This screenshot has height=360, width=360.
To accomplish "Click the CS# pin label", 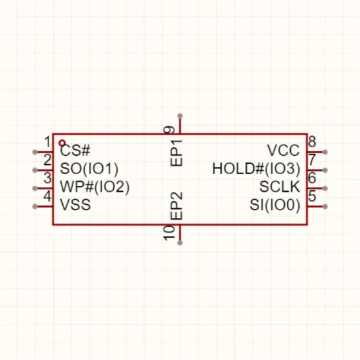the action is pos(75,151).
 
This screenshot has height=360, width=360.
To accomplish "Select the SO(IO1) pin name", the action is pos(89,169).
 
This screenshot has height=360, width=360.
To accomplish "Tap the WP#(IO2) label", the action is pos(95,187).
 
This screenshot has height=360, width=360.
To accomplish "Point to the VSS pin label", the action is pos(75,205).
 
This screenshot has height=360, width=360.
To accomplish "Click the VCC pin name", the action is pos(283,151).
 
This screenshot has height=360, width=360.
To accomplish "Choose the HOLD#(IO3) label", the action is pos(256,169).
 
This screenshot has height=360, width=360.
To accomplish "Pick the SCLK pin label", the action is pos(279,187).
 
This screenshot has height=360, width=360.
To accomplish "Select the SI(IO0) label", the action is pos(275,205).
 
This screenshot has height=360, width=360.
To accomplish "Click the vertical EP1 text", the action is pos(176,153).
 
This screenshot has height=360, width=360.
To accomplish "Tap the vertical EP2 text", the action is pos(176,206).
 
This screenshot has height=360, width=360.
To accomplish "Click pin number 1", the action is pos(48,141).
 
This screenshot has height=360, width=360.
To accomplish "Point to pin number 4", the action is pos(48,196).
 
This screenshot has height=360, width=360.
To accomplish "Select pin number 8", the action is pos(312,141).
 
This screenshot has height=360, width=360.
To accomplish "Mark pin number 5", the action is pos(312,196).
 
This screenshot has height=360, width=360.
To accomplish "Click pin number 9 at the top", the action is pos(170,130).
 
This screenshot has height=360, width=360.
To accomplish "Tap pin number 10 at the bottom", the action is pos(170,233).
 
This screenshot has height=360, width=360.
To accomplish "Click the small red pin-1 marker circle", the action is pos(62,143).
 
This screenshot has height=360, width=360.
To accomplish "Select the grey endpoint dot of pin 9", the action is pos(180,116).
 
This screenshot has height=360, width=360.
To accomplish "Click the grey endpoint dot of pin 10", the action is pos(180,243).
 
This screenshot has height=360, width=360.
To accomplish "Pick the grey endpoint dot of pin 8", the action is pos(325,152).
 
